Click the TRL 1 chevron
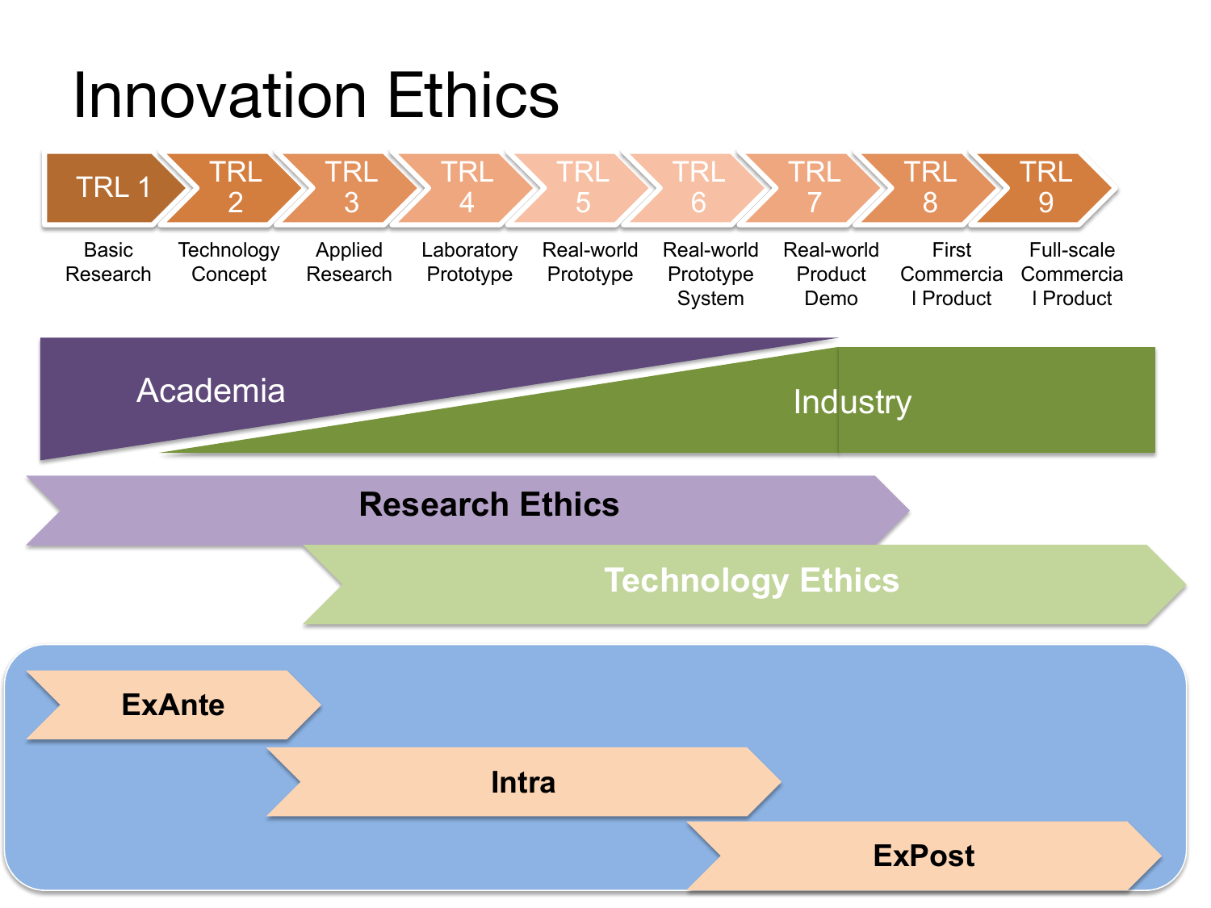pos(113,188)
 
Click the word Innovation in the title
pos(220,96)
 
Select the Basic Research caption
pos(108,262)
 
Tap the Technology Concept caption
pos(228,262)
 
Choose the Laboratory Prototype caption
pos(470,262)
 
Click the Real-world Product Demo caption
pos(831,274)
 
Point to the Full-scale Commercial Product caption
pos(1072,274)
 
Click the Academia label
pos(211,391)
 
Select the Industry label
pos(853,402)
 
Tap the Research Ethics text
pos(488,504)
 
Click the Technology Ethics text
pos(752,581)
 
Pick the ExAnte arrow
pos(174,705)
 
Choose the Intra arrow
pos(523,782)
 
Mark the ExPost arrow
pos(924,856)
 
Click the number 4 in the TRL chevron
pos(467,203)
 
